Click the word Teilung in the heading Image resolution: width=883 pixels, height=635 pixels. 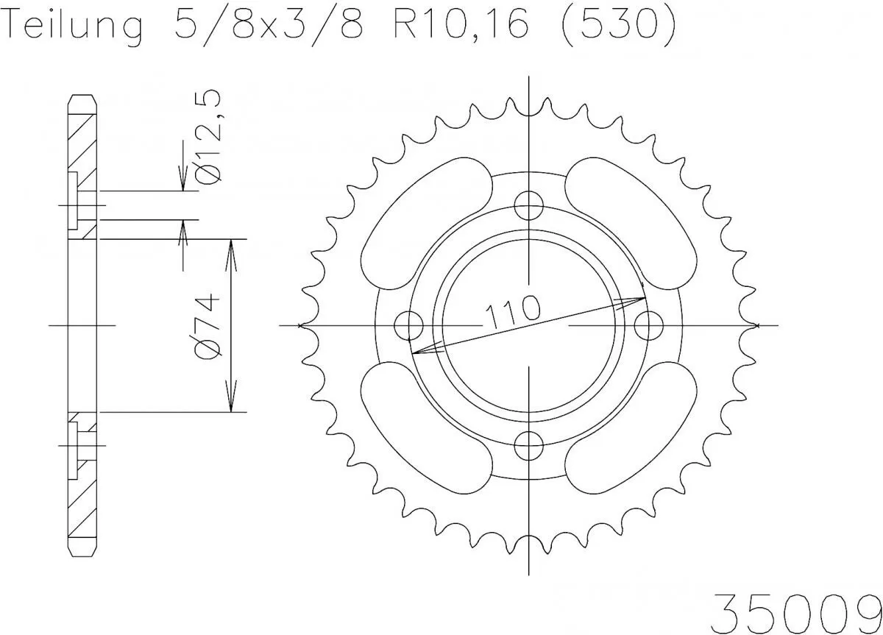pyautogui.click(x=74, y=27)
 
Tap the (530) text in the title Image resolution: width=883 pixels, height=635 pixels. pyautogui.click(x=615, y=27)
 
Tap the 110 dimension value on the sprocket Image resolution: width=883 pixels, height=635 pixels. pyautogui.click(x=511, y=310)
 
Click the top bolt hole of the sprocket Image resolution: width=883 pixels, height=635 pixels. pyautogui.click(x=528, y=205)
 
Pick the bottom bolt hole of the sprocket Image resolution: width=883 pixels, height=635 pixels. pyautogui.click(x=528, y=444)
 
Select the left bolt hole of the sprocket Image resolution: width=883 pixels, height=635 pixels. pyautogui.click(x=408, y=324)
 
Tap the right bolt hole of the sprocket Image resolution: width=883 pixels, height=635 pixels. pyautogui.click(x=648, y=324)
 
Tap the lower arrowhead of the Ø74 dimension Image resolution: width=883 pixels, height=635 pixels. pyautogui.click(x=232, y=402)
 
